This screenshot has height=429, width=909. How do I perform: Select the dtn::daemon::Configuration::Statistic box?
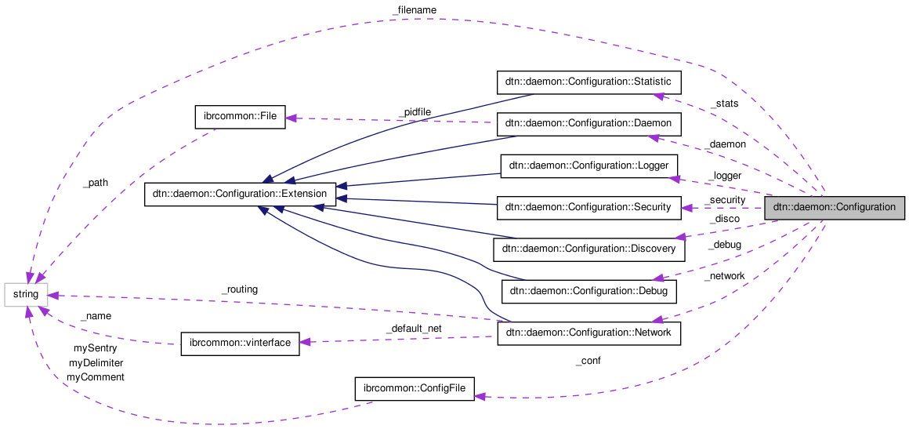(589, 82)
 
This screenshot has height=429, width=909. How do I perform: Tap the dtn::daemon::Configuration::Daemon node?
(588, 124)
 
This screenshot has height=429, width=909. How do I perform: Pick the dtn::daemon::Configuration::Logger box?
(588, 165)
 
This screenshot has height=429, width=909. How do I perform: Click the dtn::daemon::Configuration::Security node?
(588, 207)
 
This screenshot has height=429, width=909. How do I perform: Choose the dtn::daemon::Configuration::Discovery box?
(588, 249)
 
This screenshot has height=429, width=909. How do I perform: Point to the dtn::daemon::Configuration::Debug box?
(588, 291)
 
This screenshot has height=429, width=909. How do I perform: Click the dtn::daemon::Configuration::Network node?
(588, 333)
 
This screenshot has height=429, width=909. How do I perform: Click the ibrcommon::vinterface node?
(240, 344)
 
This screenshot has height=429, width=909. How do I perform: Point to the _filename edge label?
(414, 9)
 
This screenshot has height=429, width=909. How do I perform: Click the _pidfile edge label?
(414, 112)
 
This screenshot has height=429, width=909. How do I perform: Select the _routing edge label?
(240, 289)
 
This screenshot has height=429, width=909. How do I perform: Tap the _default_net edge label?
(414, 329)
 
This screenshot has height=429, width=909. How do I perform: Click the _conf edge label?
(588, 362)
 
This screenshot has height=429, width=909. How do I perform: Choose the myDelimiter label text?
(96, 362)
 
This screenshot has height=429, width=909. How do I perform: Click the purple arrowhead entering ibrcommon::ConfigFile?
(482, 397)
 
